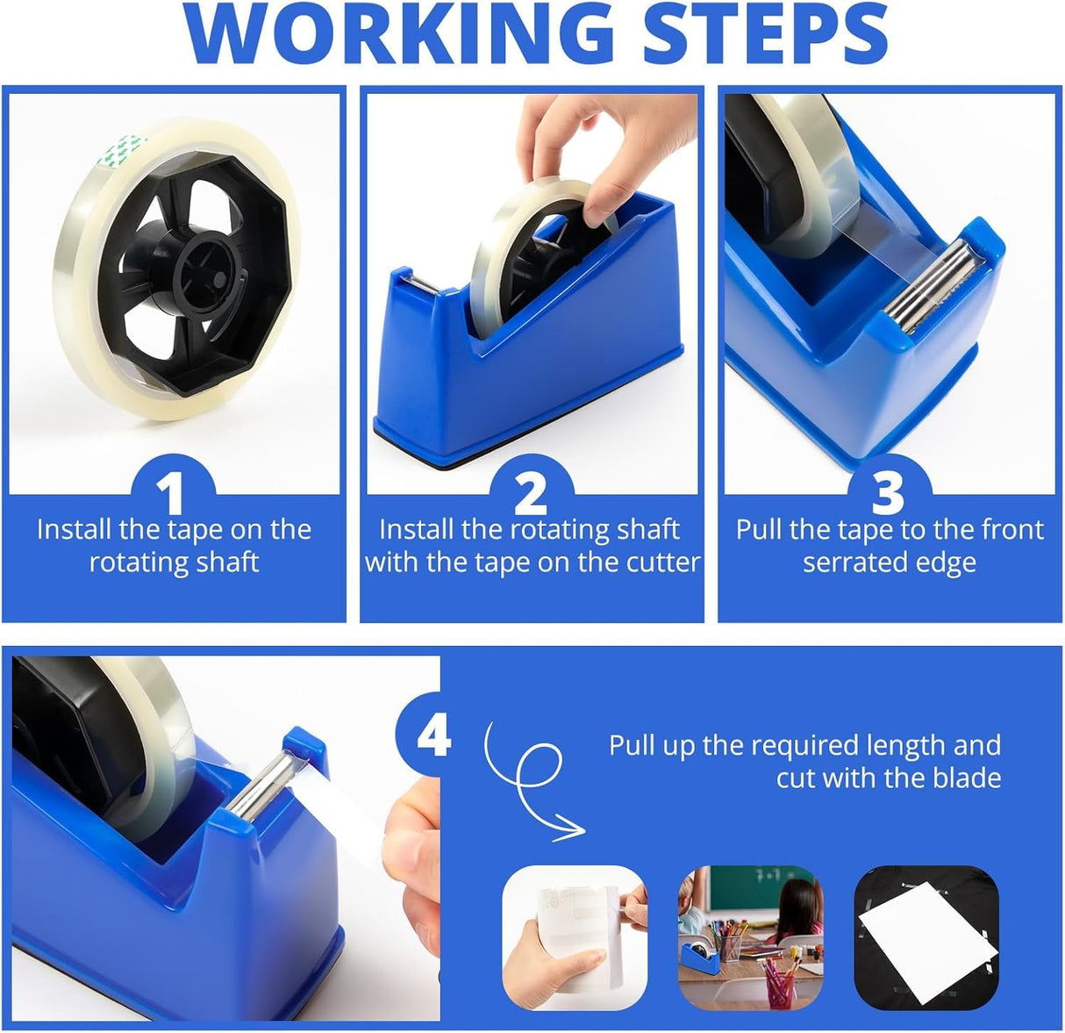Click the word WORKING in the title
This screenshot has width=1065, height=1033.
(x=400, y=33)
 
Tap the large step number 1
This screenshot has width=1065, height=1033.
(x=173, y=493)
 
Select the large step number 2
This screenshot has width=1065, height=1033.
(x=531, y=493)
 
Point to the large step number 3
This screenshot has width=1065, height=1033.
(x=888, y=493)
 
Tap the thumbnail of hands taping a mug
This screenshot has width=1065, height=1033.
(x=575, y=937)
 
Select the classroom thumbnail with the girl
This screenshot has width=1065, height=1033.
(x=750, y=937)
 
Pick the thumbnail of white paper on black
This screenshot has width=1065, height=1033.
(x=926, y=937)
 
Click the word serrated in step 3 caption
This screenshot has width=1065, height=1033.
(x=857, y=563)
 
